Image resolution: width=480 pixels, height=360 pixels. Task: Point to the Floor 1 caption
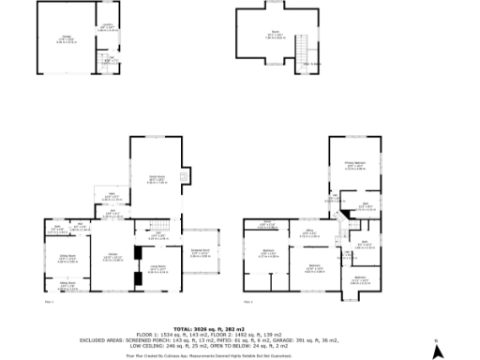(x=50, y=302)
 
